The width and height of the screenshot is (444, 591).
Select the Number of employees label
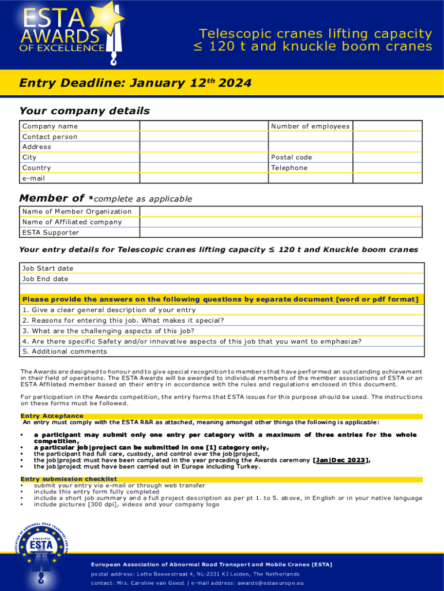click(x=310, y=126)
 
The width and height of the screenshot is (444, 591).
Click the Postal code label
click(x=291, y=158)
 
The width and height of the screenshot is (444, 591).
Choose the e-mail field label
click(x=33, y=178)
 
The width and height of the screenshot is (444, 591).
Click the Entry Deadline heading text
click(x=135, y=83)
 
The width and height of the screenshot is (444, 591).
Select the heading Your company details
click(x=84, y=111)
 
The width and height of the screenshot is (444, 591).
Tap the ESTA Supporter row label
click(x=50, y=233)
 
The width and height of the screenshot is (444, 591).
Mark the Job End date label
click(x=45, y=279)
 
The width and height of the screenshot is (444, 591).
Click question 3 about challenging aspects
click(x=108, y=331)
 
